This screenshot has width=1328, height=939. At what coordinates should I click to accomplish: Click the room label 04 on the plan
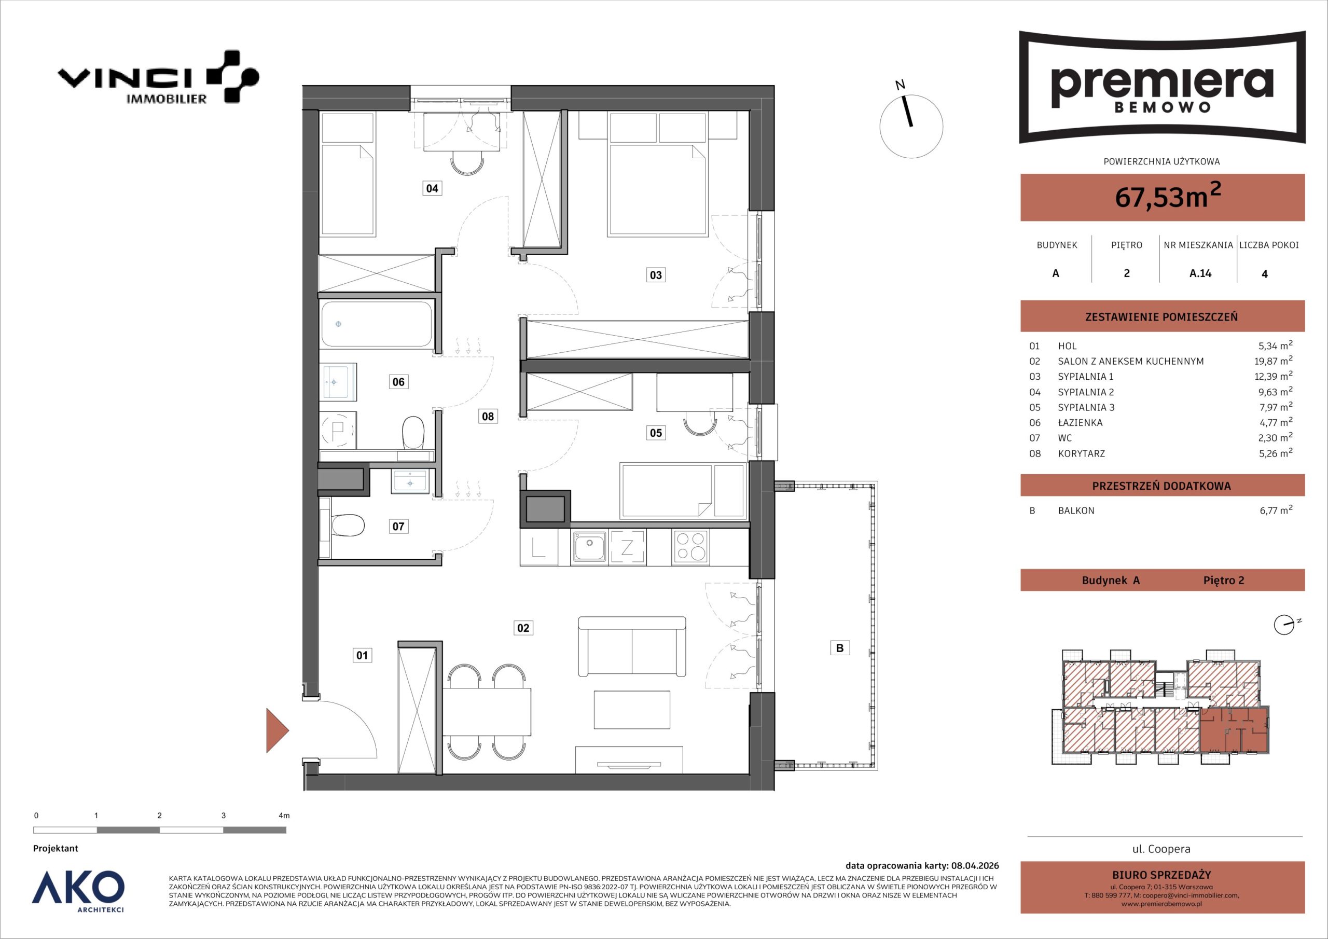pos(432,188)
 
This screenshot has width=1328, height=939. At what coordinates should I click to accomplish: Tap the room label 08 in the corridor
pos(488,416)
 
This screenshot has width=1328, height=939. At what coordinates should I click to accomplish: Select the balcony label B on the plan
pos(840,648)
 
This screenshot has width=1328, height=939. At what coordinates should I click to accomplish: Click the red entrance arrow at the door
pos(277,730)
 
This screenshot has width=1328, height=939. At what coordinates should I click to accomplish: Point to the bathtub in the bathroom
pos(377,324)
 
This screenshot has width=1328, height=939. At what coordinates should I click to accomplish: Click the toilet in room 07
pos(347,526)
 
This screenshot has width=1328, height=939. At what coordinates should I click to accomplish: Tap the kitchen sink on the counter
pos(589,547)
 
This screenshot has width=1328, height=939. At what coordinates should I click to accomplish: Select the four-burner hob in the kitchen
pos(690,547)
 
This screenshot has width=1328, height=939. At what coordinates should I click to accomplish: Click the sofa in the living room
pos(632,646)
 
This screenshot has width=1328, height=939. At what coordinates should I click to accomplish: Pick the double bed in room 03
pos(658,190)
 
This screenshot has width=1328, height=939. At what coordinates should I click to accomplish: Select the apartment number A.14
pos(1200,273)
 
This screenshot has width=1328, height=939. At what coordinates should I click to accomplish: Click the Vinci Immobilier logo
pos(158,77)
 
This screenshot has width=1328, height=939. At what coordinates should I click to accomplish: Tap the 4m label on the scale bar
pos(283,816)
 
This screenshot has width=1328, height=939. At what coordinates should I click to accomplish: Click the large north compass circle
pos(911,126)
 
